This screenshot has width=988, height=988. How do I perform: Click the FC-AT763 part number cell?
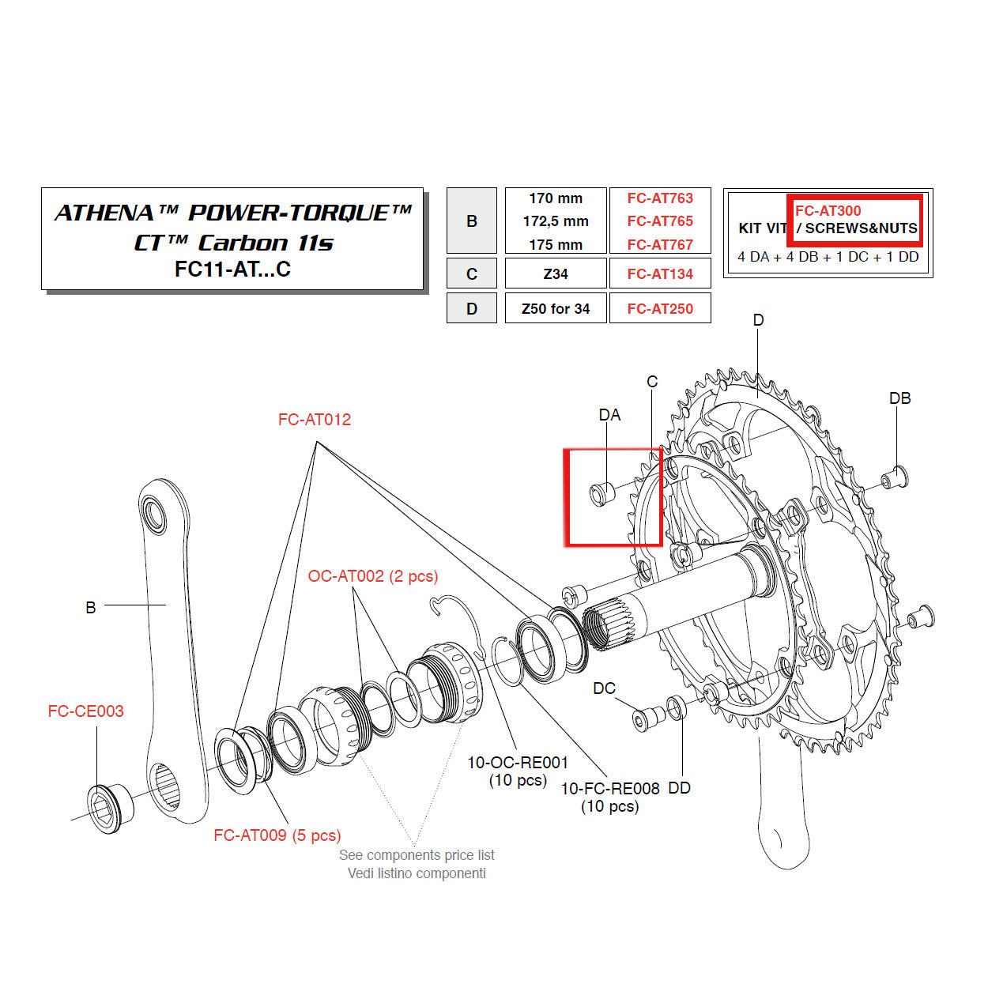point(660,198)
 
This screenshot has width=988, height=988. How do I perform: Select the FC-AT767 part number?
point(660,245)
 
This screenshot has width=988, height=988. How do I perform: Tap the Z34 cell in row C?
point(556,274)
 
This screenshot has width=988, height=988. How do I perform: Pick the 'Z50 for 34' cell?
point(556,309)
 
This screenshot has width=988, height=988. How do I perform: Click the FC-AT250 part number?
point(660,309)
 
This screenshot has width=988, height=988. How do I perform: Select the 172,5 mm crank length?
point(556,221)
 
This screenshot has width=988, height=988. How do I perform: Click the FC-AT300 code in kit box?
point(828,211)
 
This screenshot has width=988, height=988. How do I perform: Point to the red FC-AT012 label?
point(315,420)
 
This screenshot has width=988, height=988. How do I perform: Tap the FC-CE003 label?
point(85,711)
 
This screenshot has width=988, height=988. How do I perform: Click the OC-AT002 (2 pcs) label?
point(373,576)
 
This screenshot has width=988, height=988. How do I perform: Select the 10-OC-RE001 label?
point(518,763)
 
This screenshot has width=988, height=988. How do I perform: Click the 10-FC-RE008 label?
point(609,788)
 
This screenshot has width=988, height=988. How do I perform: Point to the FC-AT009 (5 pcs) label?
point(277,835)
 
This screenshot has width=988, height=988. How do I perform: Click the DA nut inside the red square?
point(602,492)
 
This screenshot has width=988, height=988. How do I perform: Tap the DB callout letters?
point(899,398)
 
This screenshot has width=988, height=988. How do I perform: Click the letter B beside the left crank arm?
point(91,607)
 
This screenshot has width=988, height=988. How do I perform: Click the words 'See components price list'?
point(417,855)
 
